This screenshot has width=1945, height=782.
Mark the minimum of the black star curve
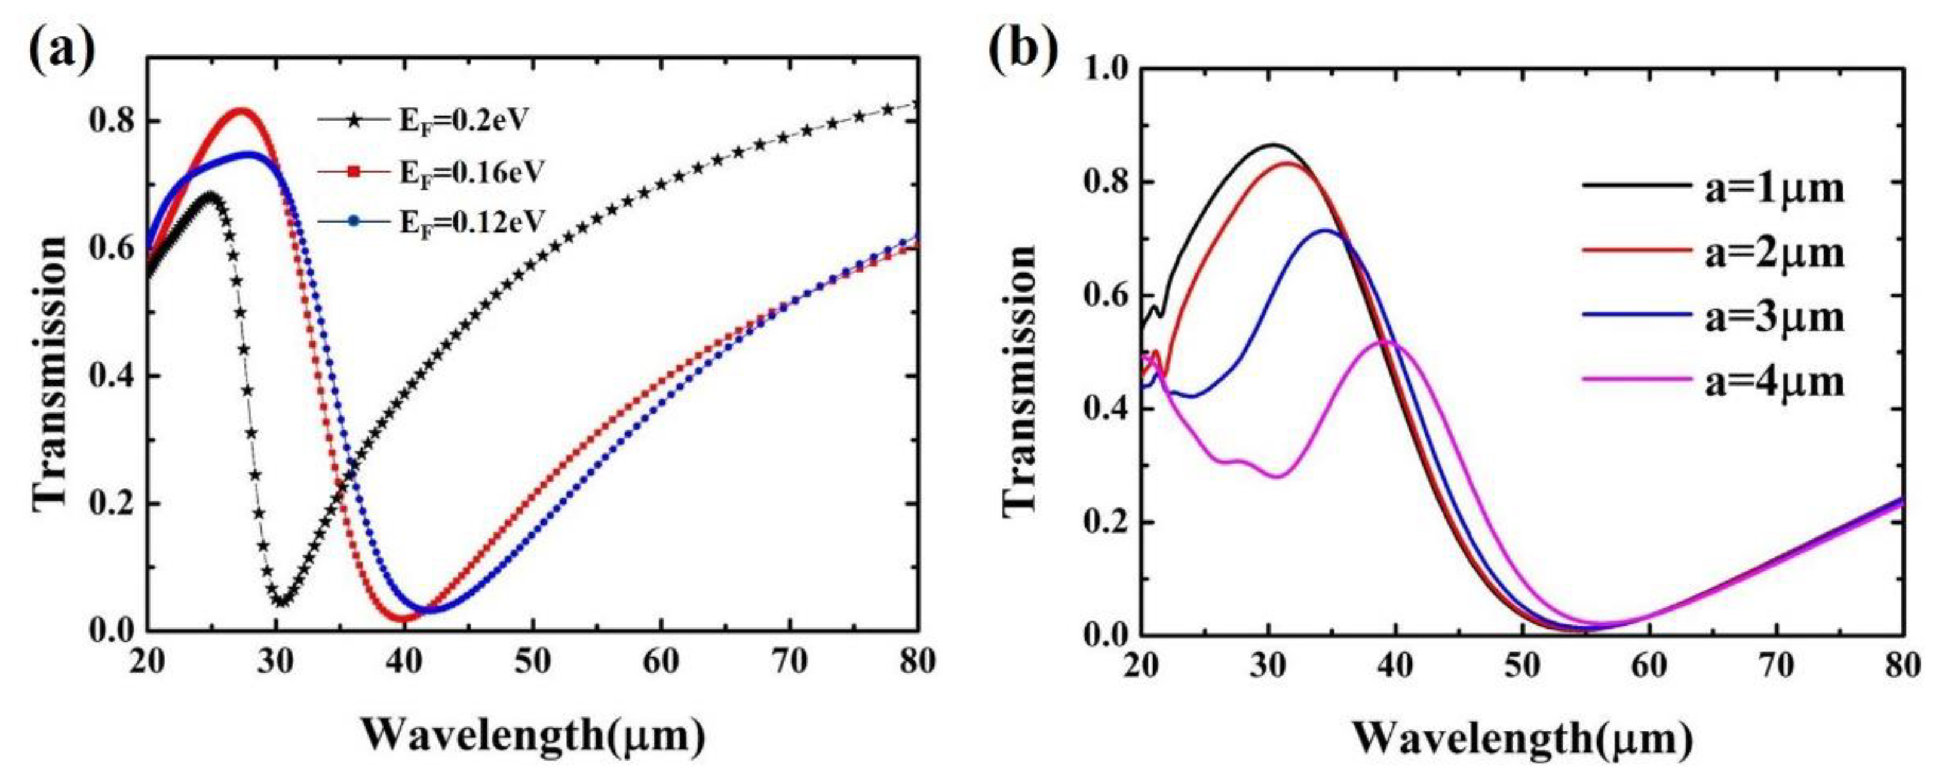pos(281,602)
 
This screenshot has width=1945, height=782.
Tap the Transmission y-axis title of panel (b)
pos(1020,381)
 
